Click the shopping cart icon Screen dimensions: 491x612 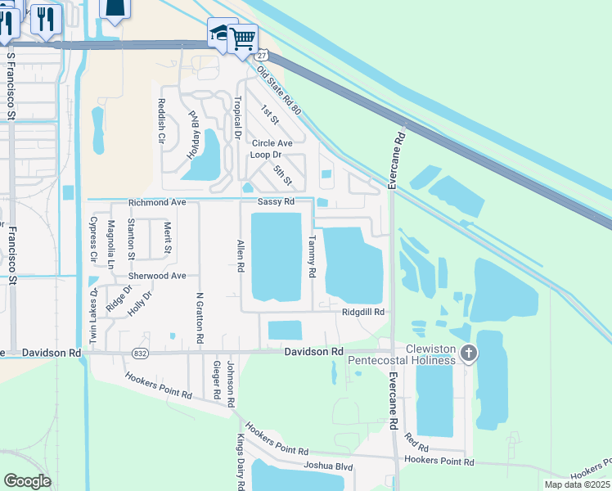(243, 38)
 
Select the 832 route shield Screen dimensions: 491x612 (139, 353)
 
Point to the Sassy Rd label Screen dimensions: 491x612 (275, 202)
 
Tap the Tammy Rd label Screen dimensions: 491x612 (312, 257)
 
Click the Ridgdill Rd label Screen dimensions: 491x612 (363, 312)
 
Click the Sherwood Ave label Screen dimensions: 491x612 (157, 276)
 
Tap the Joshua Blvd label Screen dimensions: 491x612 (326, 466)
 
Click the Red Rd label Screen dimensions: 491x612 (416, 448)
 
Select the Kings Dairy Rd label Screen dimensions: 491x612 (242, 462)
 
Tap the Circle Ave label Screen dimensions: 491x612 (272, 142)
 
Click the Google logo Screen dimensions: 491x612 (27, 481)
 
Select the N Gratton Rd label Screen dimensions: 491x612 (199, 317)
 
